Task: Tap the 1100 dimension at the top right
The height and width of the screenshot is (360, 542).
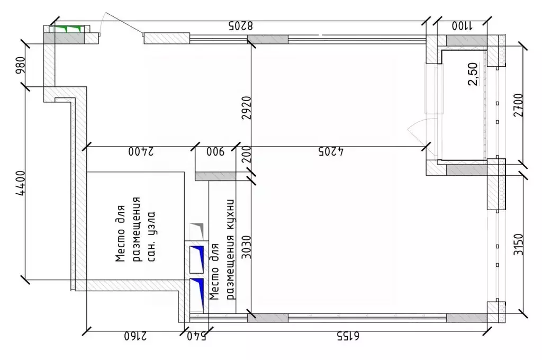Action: (x=462, y=25)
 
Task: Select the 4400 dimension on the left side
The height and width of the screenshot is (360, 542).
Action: (x=20, y=183)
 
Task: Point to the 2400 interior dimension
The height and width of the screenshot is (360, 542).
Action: (x=141, y=152)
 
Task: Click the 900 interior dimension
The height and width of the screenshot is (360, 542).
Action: (x=215, y=152)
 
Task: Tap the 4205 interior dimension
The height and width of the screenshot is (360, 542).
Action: (x=331, y=152)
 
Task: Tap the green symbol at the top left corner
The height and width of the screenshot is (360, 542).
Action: (x=67, y=29)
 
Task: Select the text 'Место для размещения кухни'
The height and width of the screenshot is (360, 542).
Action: (x=222, y=249)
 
